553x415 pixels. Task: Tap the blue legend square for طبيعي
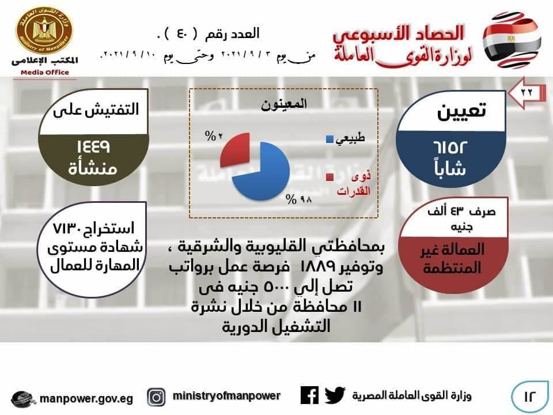329,139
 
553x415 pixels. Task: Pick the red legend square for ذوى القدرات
329,177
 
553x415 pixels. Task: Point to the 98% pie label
299,199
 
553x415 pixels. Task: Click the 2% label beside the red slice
214,135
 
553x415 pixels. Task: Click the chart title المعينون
284,104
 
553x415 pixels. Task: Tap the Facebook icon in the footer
309,395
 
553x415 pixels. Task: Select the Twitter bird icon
335,395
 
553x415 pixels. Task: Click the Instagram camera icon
156,397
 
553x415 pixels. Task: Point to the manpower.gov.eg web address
86,399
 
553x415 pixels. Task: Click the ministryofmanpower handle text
226,396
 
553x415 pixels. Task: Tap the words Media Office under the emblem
45,73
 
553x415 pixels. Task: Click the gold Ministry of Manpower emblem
44,31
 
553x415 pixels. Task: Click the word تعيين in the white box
461,111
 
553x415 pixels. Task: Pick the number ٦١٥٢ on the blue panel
450,148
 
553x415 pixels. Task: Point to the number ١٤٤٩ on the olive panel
93,146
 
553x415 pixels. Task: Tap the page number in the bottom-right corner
529,397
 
